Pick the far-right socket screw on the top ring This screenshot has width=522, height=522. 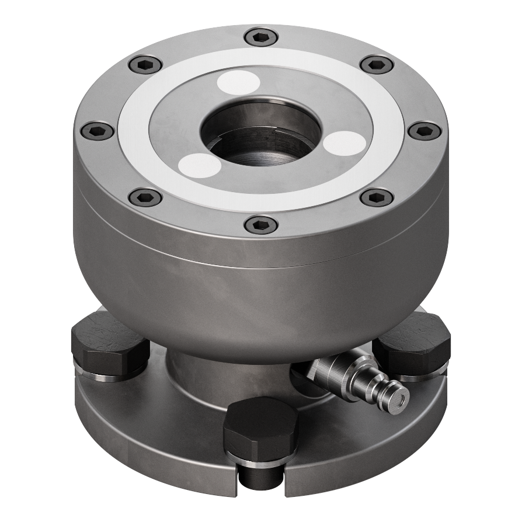point(423,130)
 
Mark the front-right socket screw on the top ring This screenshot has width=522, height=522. point(376,197)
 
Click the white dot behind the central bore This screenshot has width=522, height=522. point(238,83)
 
